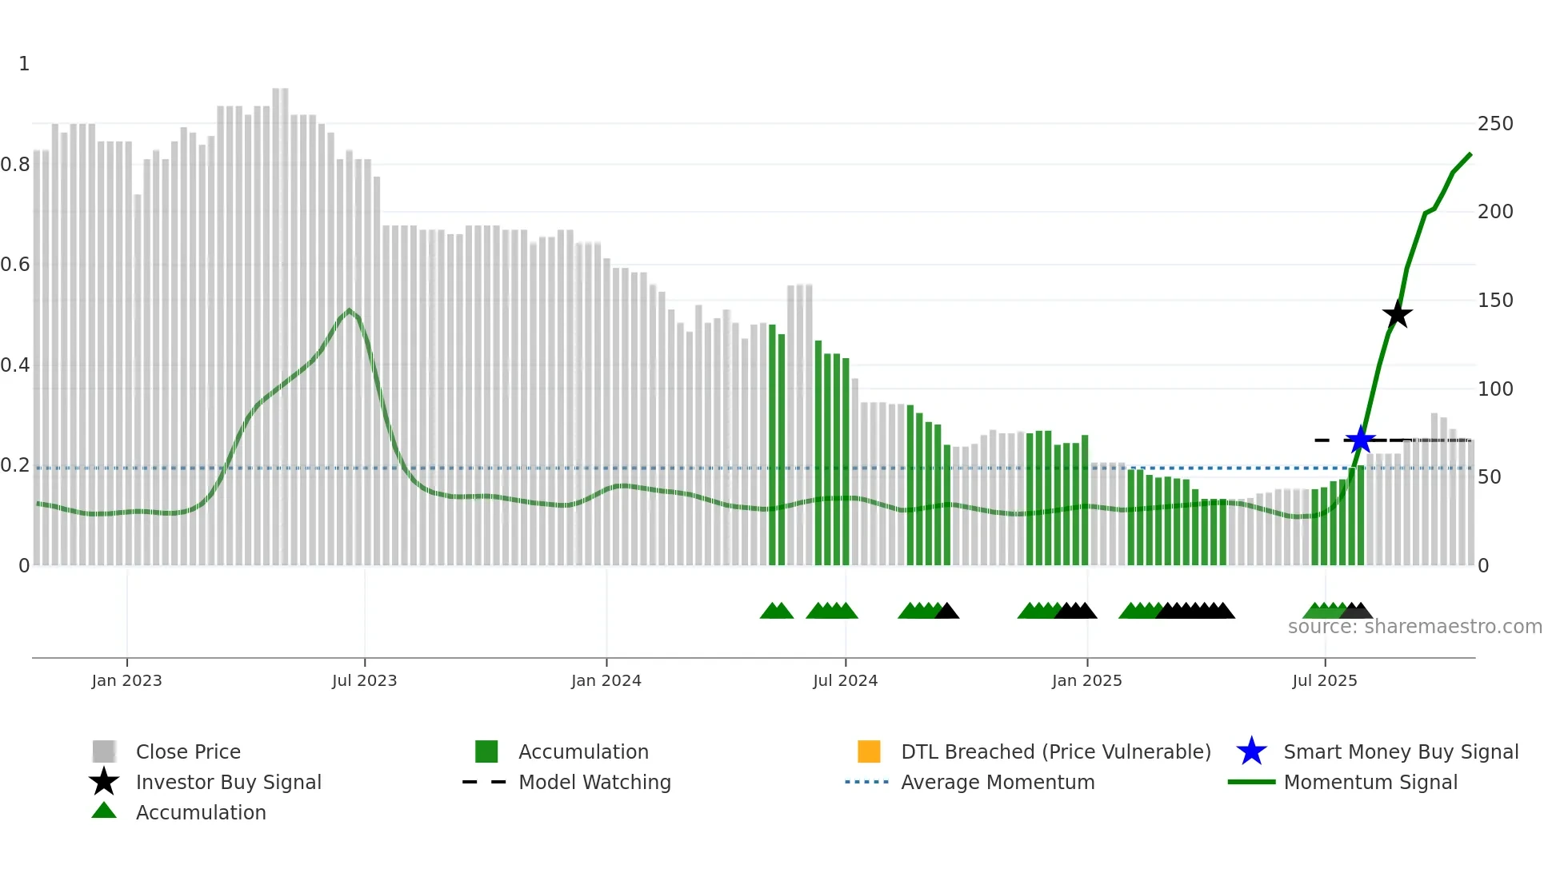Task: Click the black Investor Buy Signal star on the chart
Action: point(1397,314)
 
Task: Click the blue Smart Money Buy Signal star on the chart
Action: point(1359,440)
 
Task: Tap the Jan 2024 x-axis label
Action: point(606,680)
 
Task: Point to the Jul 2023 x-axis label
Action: point(364,680)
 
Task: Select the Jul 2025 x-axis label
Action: point(1325,680)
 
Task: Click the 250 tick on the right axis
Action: point(1494,124)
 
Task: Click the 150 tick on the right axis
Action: point(1494,301)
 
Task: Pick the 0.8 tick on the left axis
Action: point(15,165)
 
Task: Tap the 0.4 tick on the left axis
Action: point(15,365)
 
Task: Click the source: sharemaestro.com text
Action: point(1414,627)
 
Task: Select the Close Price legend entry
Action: point(188,751)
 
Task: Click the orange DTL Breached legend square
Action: point(869,751)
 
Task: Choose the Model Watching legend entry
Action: point(594,782)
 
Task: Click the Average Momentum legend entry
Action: point(998,782)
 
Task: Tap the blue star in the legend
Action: point(1251,751)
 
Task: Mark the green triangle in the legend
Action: point(104,811)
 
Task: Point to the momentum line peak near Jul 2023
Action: point(350,310)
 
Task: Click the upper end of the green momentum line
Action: point(1470,154)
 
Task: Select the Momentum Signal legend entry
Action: point(1370,782)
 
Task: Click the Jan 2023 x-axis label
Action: point(126,680)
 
